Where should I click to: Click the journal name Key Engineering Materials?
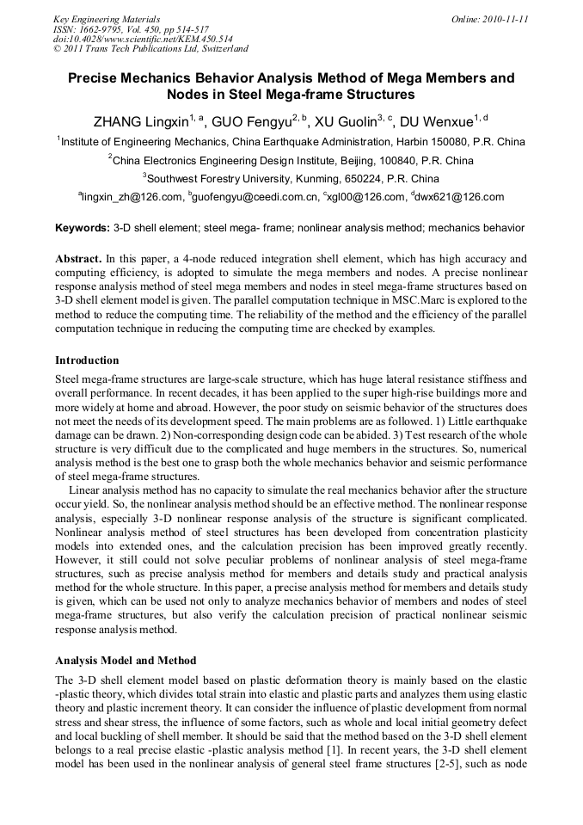coord(107,18)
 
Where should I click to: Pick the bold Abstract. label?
coord(78,258)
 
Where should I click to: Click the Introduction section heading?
coord(87,360)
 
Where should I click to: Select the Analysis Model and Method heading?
coord(126,661)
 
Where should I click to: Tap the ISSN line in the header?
coord(118,28)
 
